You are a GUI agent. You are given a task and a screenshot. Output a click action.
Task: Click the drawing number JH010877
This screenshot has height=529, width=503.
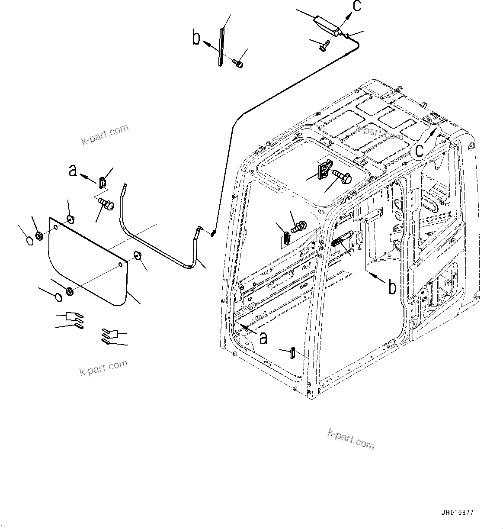tap(457, 513)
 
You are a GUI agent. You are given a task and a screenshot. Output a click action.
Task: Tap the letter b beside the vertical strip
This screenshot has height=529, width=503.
tap(197, 38)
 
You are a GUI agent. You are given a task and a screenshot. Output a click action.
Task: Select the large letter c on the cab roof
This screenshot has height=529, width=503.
tap(419, 149)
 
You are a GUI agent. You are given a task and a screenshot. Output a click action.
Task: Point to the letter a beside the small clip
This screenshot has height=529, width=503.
tap(73, 171)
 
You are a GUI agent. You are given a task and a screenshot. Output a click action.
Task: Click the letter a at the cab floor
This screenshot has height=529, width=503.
tap(263, 337)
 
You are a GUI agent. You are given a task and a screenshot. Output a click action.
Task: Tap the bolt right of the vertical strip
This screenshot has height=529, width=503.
tap(238, 64)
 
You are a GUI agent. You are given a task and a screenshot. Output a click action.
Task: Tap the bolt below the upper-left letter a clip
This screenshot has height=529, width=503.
tap(105, 203)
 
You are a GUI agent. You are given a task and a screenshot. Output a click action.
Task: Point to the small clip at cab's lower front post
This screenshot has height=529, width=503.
tap(293, 352)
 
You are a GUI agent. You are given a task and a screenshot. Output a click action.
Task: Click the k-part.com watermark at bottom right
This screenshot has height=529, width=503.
tap(351, 439)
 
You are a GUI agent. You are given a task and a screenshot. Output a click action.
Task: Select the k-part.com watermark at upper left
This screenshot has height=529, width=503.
tap(105, 134)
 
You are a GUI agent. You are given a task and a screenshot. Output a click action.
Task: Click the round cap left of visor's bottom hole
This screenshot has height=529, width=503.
tap(56, 297)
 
